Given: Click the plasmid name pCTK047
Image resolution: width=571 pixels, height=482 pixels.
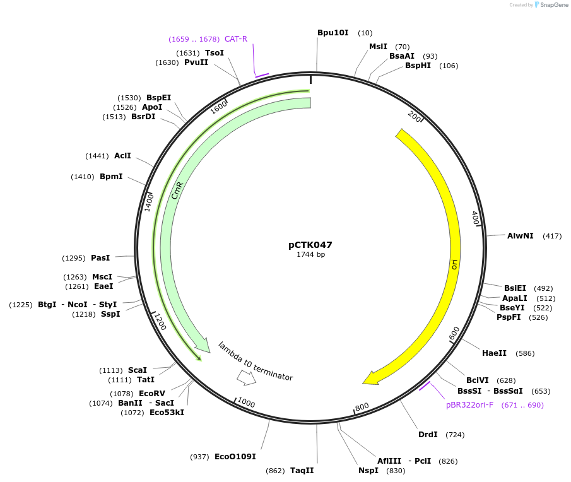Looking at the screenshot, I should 310,245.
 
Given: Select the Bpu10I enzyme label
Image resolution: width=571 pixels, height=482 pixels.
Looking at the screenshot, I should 333,32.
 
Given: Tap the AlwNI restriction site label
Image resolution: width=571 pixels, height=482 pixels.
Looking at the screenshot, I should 520,236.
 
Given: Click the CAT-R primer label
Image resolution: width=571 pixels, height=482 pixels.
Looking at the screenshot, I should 236,39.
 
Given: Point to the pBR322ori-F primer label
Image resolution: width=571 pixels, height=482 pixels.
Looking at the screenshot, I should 469,405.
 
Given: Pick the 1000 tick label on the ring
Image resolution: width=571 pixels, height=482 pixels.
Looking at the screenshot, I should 245,404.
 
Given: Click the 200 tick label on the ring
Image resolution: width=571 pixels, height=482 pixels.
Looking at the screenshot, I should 415,117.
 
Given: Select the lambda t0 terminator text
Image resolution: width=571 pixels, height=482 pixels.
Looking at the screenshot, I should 256,361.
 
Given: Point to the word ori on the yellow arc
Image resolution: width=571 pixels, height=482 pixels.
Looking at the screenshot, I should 454,264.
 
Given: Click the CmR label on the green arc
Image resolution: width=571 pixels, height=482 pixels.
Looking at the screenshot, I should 177,191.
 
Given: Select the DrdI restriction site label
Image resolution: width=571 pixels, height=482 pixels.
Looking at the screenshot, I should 428,435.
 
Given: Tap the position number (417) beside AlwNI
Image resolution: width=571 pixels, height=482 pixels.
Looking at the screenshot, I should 552,236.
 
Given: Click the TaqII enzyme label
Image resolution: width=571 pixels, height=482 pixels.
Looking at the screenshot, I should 302,470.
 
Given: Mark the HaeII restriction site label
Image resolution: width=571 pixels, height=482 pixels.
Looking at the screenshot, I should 494,353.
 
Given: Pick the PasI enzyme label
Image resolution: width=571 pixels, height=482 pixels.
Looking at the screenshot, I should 100,257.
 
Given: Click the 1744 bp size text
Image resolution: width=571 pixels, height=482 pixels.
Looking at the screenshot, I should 310,255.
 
